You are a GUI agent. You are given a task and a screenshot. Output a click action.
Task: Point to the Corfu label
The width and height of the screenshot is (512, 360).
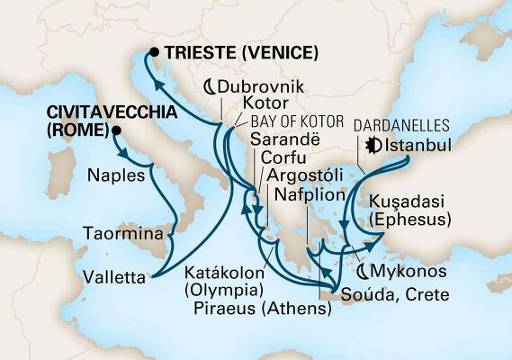281,159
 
